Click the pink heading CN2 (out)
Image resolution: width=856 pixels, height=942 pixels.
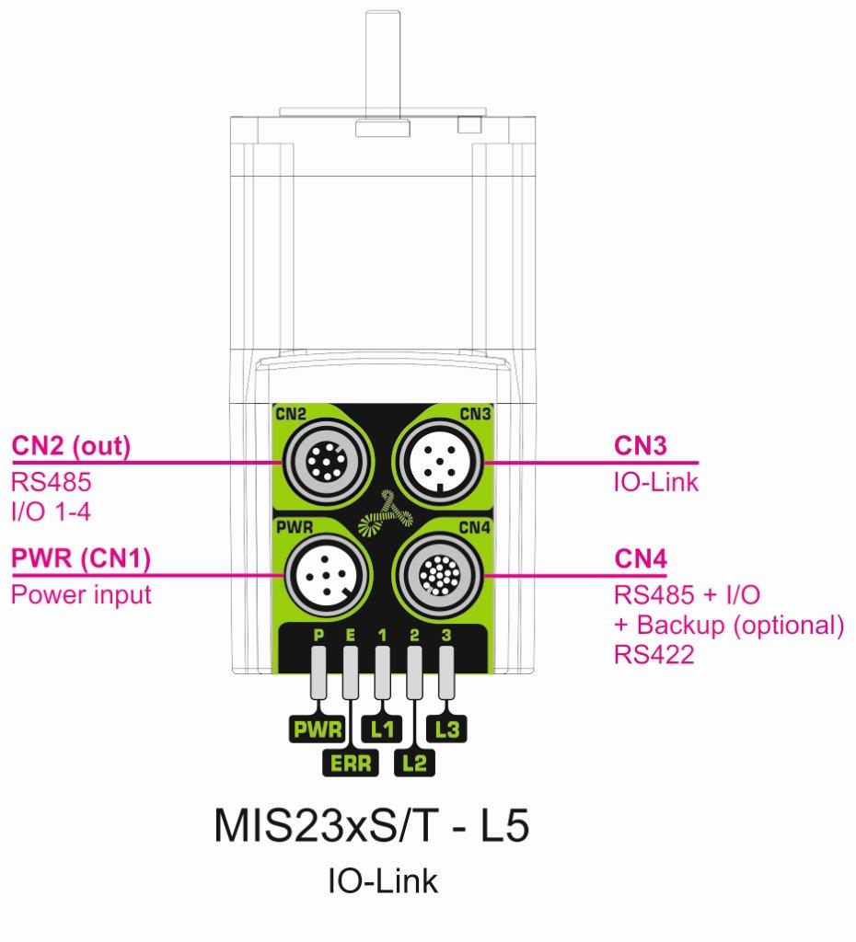point(71,446)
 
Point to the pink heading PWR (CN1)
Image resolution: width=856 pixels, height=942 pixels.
point(81,558)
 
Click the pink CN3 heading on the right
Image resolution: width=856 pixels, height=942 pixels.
point(641,446)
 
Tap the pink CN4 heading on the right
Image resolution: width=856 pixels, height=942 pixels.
point(641,558)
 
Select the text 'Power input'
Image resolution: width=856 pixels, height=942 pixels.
point(81,595)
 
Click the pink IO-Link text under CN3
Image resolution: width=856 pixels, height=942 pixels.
point(656,482)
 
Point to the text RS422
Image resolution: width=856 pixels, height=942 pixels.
point(654,654)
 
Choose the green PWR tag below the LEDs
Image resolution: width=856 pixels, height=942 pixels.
point(318,729)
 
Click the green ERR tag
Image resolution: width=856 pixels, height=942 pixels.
point(351,763)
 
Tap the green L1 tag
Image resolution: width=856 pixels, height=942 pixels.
point(382,729)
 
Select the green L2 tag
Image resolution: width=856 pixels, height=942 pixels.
point(414,763)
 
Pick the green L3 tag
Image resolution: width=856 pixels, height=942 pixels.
point(446,729)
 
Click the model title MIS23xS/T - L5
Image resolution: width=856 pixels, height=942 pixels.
point(372,826)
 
